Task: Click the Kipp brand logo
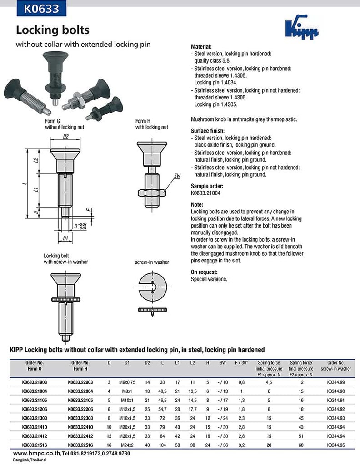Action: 301,30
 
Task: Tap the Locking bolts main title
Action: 53,30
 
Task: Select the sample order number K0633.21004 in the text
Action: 207,193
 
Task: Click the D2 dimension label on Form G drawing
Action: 65,136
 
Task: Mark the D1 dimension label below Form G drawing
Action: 65,238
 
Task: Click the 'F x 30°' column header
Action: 241,363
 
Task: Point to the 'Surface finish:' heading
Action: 207,130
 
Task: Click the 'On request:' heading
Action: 204,272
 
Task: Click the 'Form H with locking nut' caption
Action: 151,124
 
